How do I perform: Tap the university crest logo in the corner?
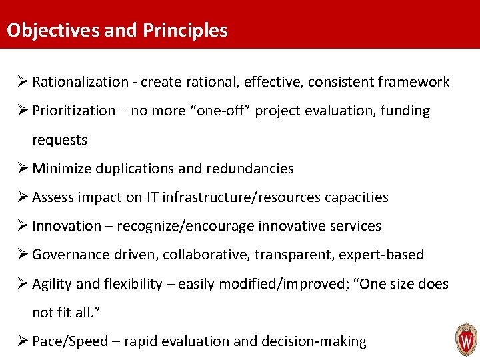(465, 339)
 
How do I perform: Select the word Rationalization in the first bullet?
(80, 82)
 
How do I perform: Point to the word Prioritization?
(73, 111)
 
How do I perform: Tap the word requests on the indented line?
(59, 140)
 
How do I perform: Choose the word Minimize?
(61, 169)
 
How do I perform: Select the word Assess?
(53, 197)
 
